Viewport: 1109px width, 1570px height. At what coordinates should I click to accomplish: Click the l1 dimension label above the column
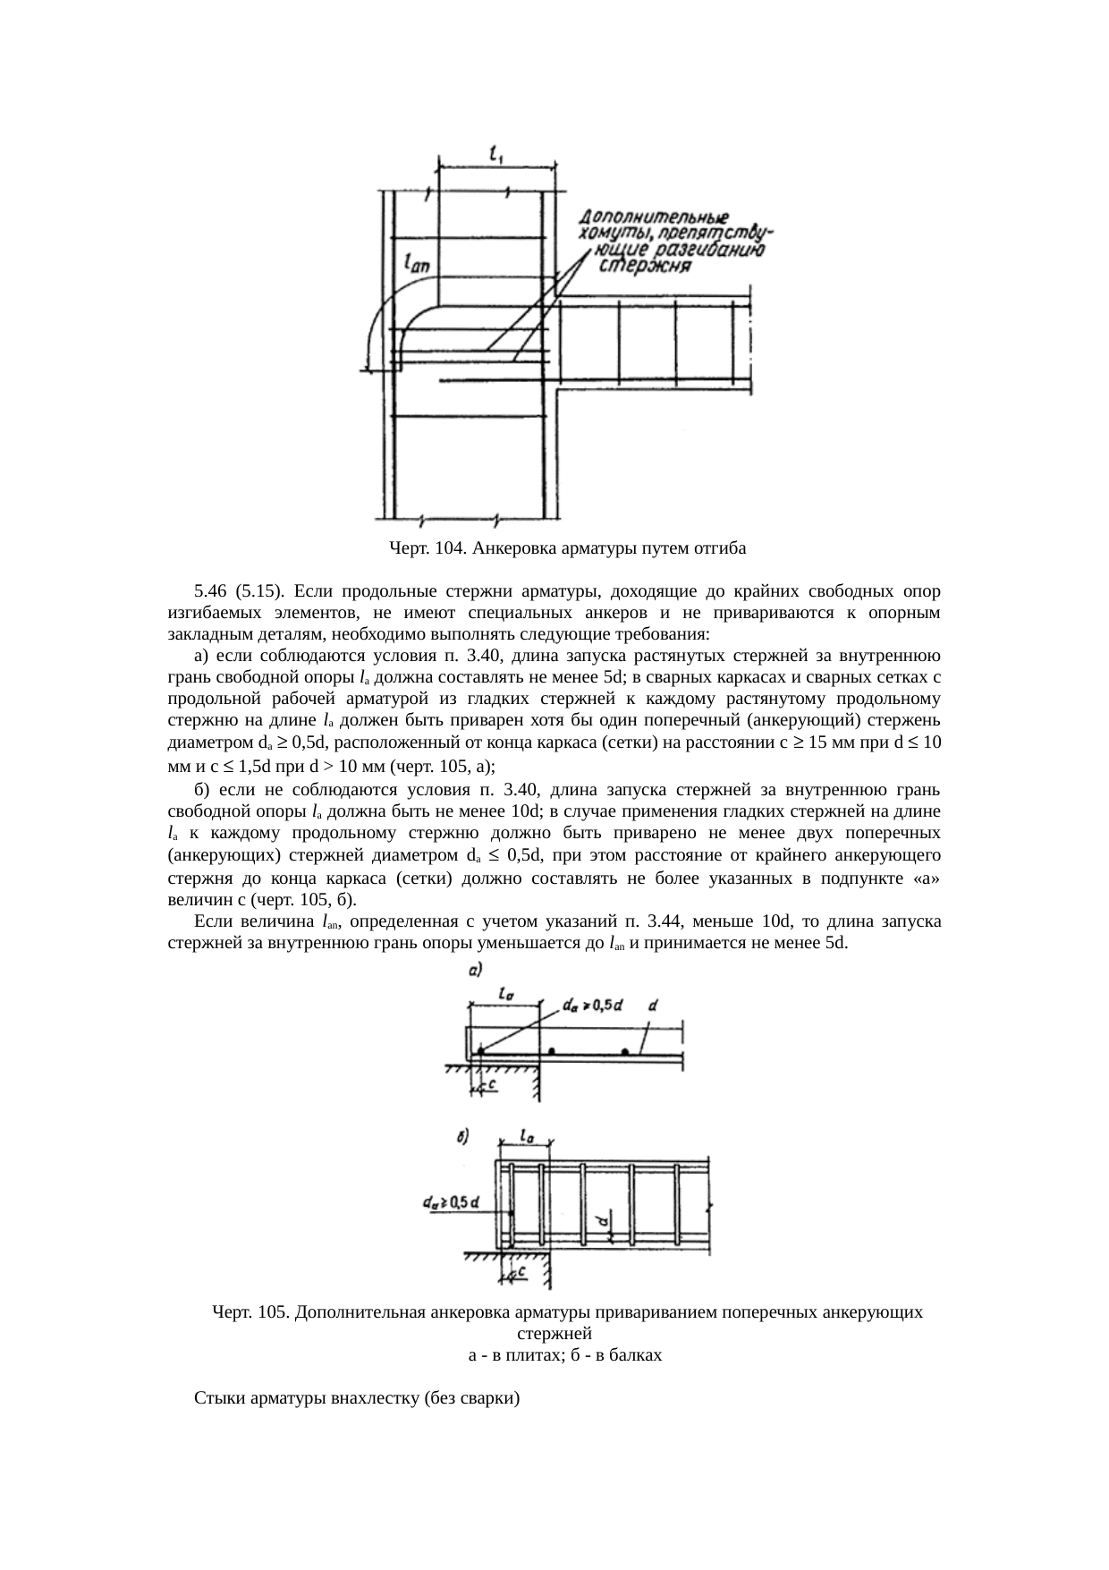point(497,155)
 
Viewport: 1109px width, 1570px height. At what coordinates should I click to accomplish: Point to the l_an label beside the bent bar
point(416,263)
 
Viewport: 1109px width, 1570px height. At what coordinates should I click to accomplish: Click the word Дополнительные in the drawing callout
point(653,217)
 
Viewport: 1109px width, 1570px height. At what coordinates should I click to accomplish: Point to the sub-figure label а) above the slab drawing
point(476,970)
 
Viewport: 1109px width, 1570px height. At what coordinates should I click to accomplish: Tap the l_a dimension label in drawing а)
point(505,994)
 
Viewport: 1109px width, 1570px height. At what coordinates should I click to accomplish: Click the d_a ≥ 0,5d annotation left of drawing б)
point(450,1202)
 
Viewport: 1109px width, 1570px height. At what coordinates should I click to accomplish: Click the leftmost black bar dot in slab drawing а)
point(479,1050)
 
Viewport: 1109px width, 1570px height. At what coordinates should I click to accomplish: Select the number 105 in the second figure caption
point(269,1312)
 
